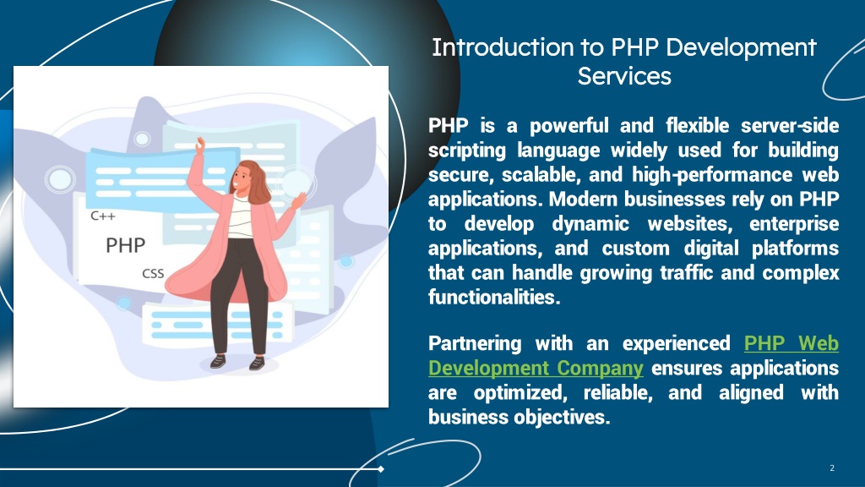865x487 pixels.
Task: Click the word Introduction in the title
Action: coord(503,47)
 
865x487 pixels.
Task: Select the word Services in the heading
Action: coord(624,76)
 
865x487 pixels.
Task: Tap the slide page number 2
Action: coord(832,468)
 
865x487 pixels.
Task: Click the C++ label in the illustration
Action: coord(103,216)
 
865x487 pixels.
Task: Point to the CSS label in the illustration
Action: coord(153,273)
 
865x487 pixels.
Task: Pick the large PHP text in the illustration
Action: coord(125,244)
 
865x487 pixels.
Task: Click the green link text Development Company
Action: coord(536,368)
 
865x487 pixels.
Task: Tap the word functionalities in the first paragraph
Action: coord(494,297)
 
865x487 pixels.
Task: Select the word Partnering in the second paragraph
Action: coord(475,343)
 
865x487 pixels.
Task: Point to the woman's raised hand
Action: coord(199,145)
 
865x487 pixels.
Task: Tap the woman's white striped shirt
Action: coord(240,216)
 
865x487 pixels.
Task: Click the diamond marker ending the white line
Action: coord(381,469)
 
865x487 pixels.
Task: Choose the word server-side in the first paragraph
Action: coord(790,125)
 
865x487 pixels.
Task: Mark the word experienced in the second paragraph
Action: coord(677,343)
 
